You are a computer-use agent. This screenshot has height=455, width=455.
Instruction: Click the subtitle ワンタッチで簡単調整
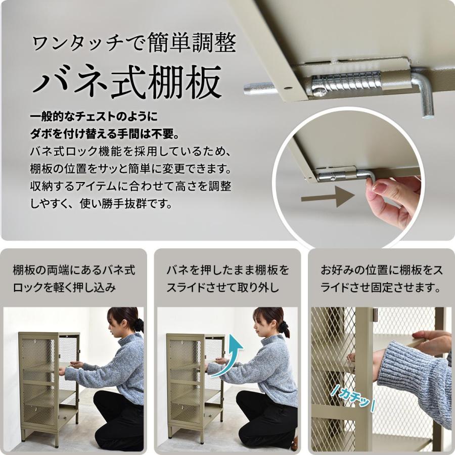[134, 44]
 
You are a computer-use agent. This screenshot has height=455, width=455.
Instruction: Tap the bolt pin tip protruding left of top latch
[258, 88]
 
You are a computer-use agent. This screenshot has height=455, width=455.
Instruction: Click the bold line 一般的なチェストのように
[94, 117]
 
